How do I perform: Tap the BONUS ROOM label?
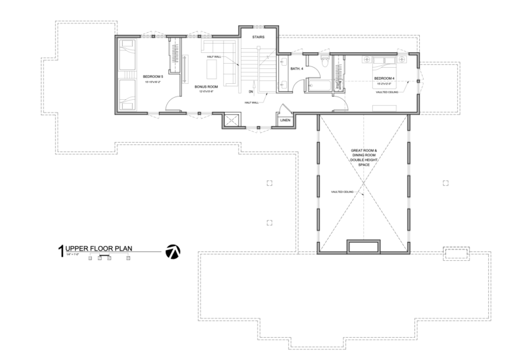click(206, 87)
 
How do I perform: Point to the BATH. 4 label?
click(297, 68)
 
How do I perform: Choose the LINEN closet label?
click(284, 120)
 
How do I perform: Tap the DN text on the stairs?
click(250, 91)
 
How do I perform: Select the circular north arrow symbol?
click(172, 251)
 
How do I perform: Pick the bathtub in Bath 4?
click(317, 84)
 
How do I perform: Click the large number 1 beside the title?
click(61, 251)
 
